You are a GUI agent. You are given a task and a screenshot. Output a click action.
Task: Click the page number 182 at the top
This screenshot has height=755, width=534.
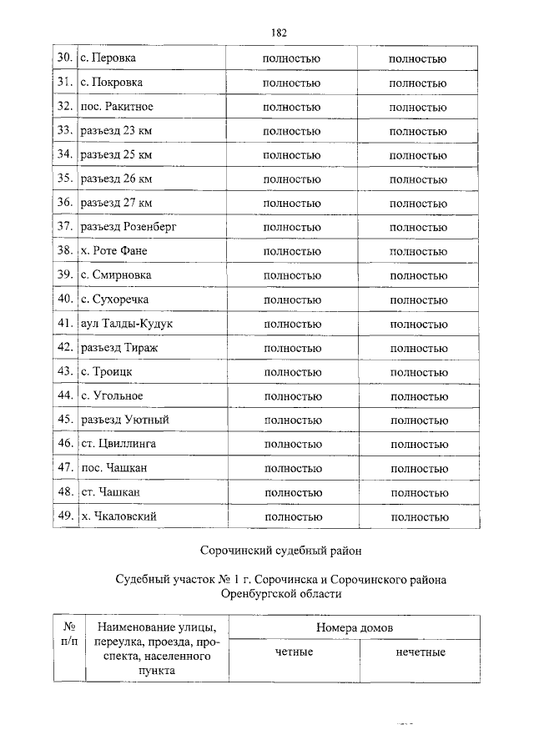click(x=279, y=33)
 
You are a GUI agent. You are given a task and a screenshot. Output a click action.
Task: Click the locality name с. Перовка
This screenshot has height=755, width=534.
click(x=108, y=58)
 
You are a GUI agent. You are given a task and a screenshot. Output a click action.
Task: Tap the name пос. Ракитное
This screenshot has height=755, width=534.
click(x=118, y=107)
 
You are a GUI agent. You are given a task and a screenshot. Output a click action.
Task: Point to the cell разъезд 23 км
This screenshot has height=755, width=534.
click(x=116, y=131)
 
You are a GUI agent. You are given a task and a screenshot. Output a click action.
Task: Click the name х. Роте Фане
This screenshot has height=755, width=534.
click(x=115, y=250)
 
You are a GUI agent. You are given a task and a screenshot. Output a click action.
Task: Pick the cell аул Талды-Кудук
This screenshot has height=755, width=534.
click(x=127, y=323)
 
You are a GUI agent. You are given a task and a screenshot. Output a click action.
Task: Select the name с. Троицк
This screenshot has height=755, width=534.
click(x=107, y=370)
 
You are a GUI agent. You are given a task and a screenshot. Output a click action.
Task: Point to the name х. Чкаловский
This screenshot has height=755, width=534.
click(x=118, y=516)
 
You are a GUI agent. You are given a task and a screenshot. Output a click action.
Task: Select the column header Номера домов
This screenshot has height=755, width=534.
click(x=355, y=627)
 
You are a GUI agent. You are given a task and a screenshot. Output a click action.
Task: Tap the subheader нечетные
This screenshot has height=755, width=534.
click(x=421, y=651)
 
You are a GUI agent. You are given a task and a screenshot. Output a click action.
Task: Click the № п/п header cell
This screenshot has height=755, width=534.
click(x=70, y=633)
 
